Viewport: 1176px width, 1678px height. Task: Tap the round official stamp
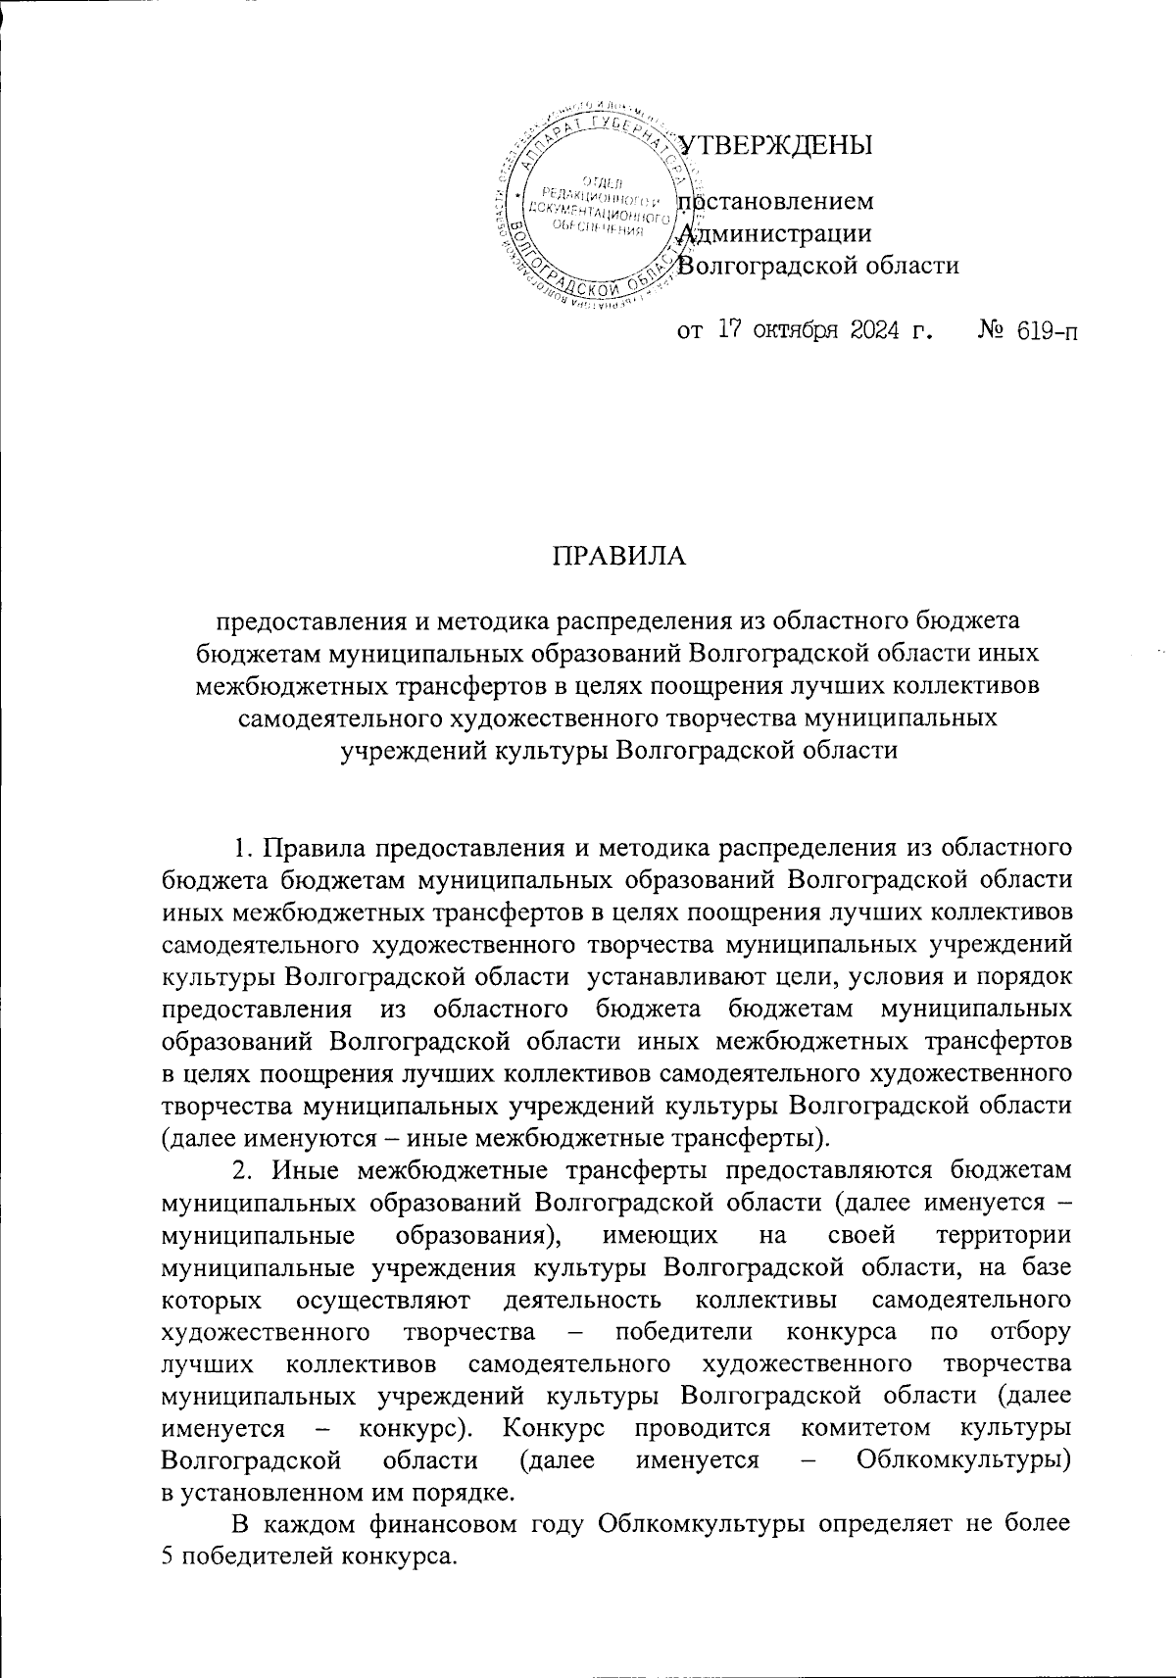(x=598, y=209)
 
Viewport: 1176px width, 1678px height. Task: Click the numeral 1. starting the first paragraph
(x=243, y=817)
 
